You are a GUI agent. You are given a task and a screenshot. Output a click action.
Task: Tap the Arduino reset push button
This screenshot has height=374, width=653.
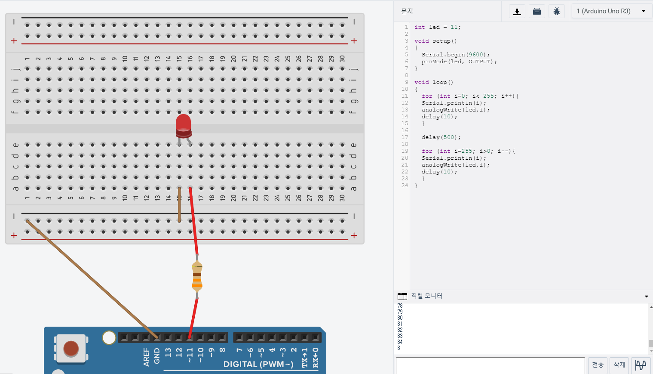pos(71,348)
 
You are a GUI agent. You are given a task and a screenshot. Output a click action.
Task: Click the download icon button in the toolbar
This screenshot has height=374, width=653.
pos(517,11)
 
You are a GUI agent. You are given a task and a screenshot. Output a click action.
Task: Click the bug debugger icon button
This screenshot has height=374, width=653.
pos(557,11)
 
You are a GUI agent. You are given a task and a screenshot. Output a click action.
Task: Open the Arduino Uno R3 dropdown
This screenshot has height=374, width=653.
pos(611,11)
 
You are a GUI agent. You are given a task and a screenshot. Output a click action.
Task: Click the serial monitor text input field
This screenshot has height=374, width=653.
pos(490,365)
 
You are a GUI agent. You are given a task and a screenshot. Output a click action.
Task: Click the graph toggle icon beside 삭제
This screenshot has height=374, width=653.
pos(641,365)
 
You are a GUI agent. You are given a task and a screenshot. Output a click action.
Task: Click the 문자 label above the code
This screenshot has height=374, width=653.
pos(407,11)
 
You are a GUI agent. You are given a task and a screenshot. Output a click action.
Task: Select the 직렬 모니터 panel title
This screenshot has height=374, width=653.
pos(426,296)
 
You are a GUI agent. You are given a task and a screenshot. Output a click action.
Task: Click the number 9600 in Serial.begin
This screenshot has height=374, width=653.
pos(476,55)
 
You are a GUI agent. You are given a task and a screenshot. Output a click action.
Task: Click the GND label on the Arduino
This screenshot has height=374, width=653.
pos(157,356)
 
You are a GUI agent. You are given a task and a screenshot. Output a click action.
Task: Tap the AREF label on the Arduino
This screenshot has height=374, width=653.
pos(146,357)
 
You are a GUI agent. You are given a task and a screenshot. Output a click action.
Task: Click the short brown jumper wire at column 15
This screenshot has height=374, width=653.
pos(179,205)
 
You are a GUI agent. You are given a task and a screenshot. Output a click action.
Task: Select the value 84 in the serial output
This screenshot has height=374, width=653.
pos(400,342)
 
